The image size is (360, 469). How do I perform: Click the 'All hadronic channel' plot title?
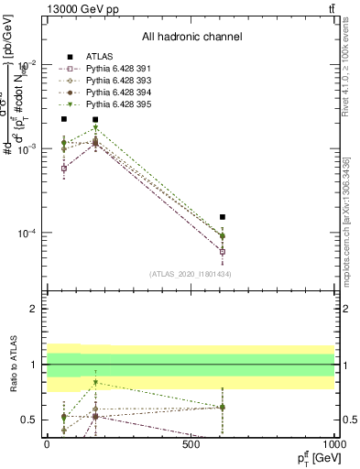(x=191, y=37)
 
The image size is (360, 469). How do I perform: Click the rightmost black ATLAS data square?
(x=223, y=217)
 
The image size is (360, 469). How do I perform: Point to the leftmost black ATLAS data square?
(x=64, y=119)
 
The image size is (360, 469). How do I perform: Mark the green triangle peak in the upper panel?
(x=95, y=128)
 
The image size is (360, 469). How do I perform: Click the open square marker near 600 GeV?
(x=223, y=251)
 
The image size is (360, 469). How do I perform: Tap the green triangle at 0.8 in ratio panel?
(x=95, y=382)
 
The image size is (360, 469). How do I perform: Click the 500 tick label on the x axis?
(x=191, y=443)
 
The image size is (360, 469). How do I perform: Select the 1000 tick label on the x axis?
(x=333, y=443)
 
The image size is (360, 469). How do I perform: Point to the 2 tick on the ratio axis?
(x=37, y=309)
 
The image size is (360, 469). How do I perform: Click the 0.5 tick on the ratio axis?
(x=33, y=420)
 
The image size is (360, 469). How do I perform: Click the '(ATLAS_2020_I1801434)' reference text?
(x=191, y=275)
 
